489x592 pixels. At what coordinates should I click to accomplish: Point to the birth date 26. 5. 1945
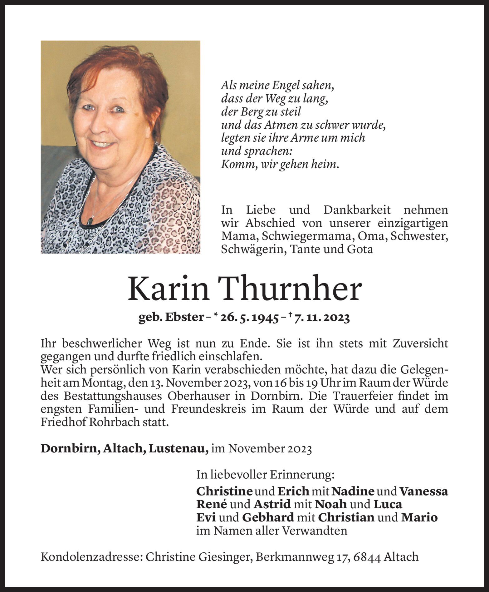pos(249,318)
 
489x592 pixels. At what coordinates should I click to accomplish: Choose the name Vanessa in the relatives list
pos(423,491)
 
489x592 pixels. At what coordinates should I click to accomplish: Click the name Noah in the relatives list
pos(331,504)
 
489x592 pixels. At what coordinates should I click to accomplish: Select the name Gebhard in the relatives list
pos(268,517)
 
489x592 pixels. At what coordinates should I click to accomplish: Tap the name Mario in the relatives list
pos(419,517)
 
